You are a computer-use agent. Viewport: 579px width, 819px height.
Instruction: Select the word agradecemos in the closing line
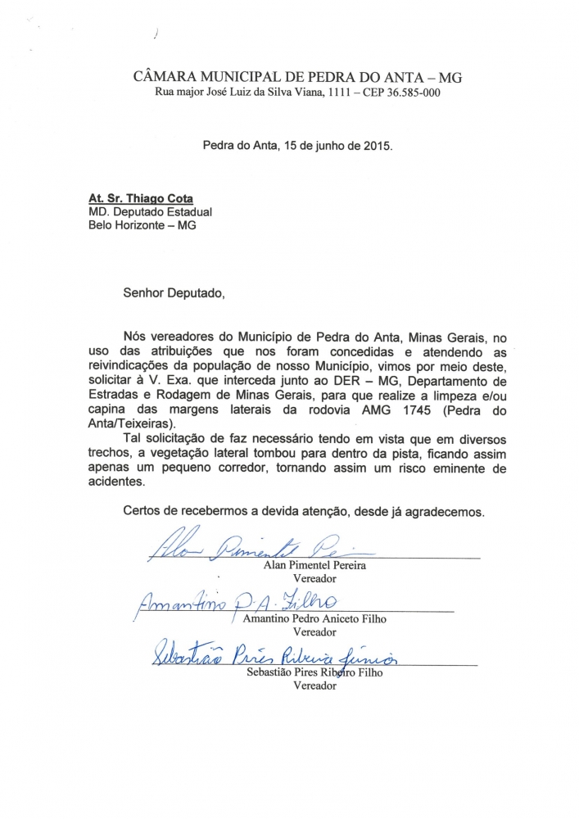(x=446, y=512)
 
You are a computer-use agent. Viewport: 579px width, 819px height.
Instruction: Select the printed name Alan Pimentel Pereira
(x=314, y=566)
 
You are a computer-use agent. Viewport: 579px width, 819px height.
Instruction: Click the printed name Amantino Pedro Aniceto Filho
(x=314, y=619)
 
